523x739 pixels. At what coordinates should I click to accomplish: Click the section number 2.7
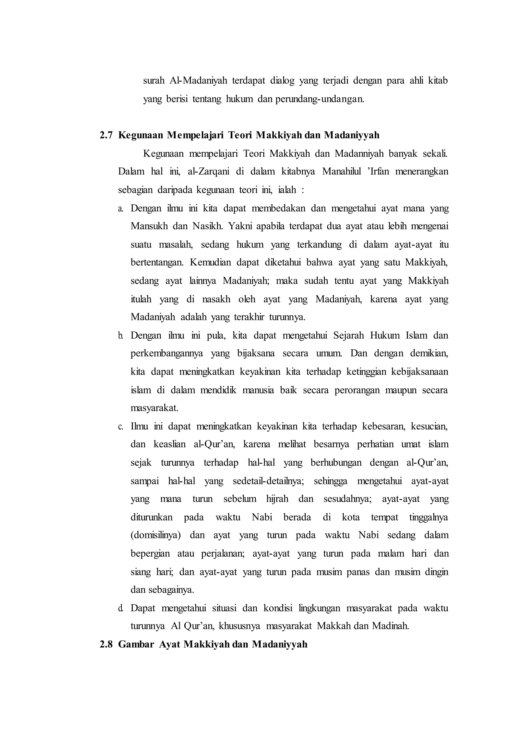106,135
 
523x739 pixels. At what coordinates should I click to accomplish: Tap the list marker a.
121,208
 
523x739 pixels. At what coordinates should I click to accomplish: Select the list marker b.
121,336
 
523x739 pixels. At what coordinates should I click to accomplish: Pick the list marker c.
121,427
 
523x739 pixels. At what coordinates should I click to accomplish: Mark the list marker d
121,609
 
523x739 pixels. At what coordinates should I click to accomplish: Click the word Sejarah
348,336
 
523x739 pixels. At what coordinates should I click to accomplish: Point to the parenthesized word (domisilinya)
156,535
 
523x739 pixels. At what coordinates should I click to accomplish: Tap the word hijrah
277,499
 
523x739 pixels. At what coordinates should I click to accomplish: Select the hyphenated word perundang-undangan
319,99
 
